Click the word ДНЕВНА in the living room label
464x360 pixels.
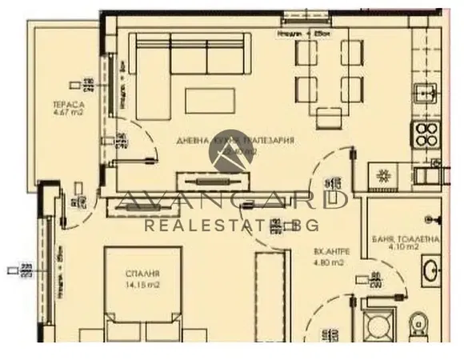pyautogui.click(x=192, y=140)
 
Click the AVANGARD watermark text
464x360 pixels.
pyautogui.click(x=232, y=198)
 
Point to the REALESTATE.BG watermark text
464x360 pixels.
pyautogui.click(x=232, y=225)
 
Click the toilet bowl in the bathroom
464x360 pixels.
pyautogui.click(x=415, y=327)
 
